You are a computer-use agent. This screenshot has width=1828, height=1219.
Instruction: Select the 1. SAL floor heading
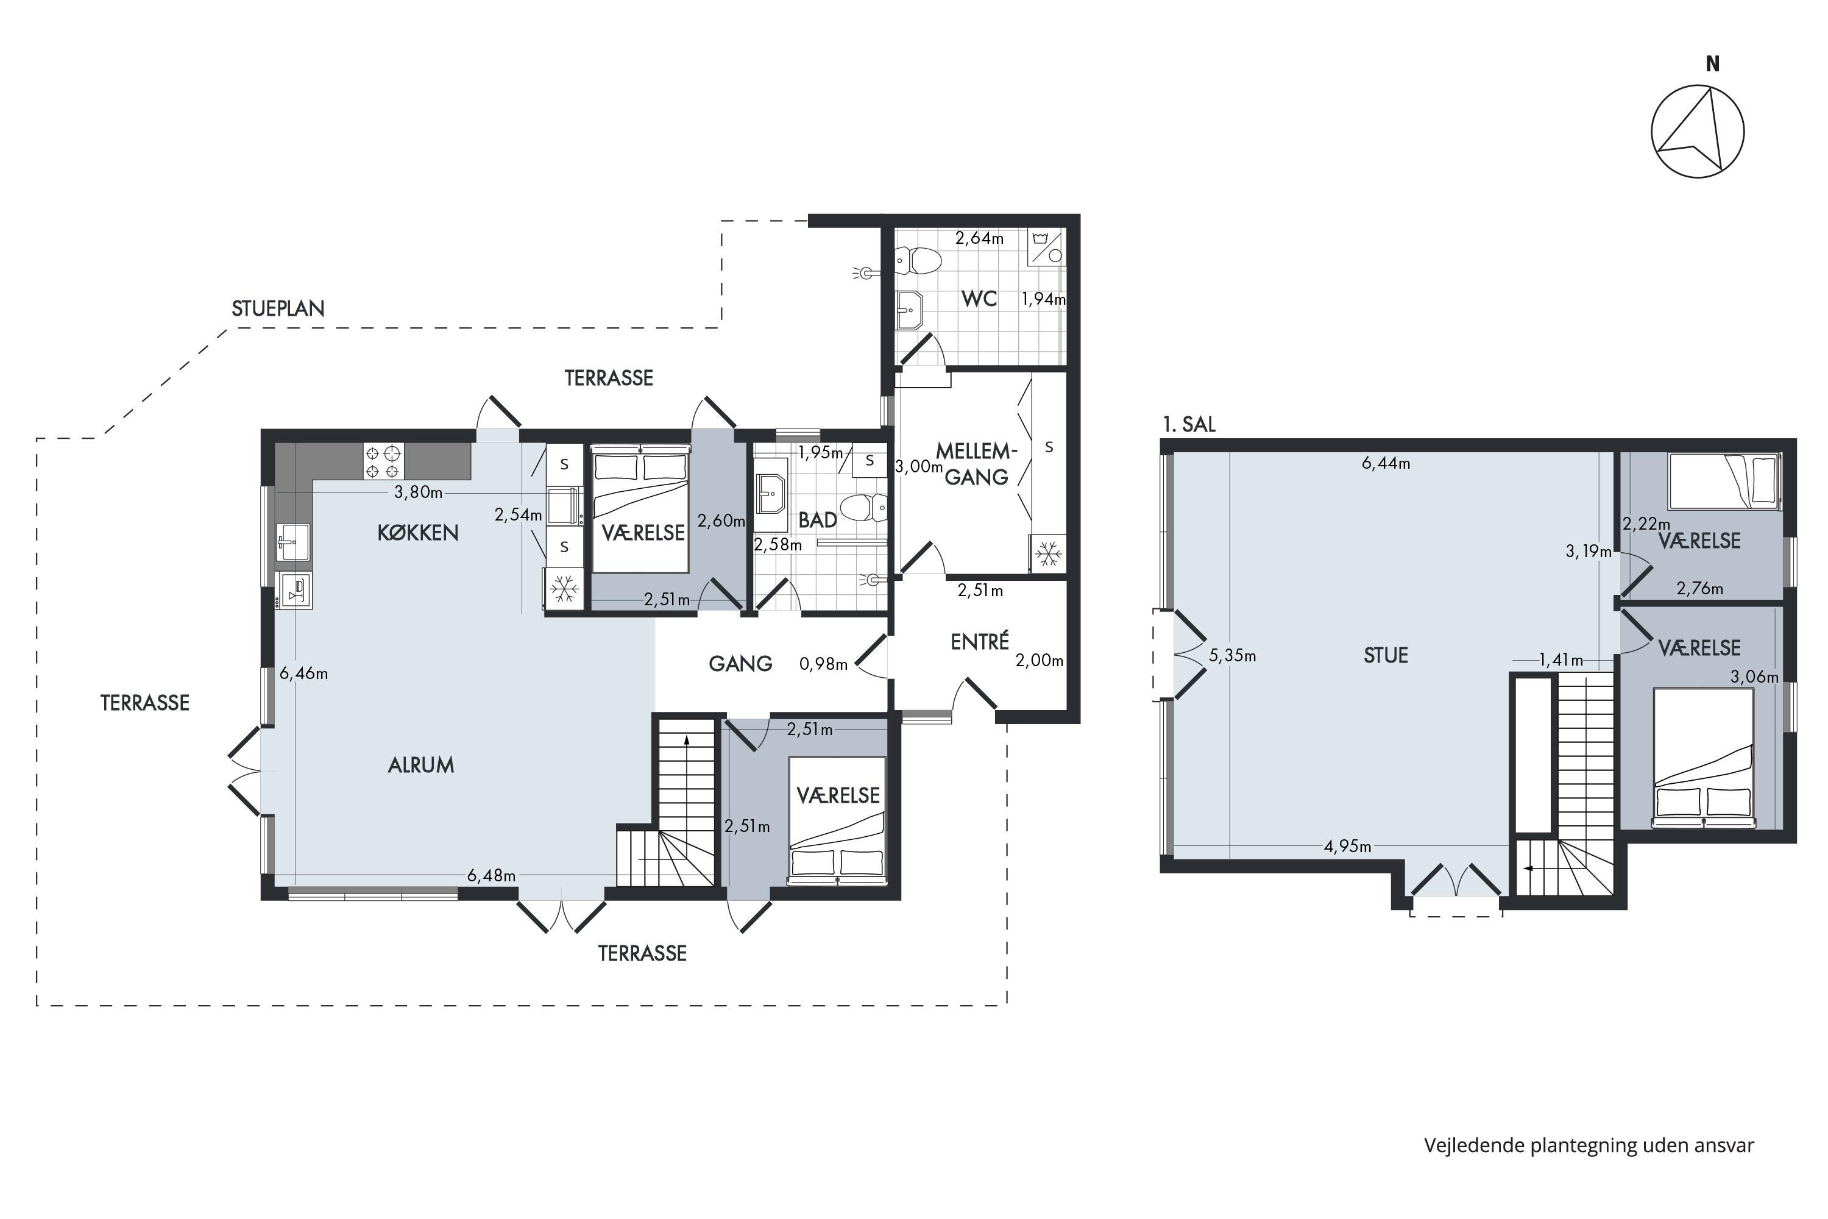click(1188, 424)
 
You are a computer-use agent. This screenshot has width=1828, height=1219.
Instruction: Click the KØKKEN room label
click(417, 533)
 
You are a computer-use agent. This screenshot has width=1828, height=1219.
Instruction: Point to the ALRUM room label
click(420, 765)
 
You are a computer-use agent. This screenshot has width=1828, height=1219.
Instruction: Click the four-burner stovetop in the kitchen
click(383, 461)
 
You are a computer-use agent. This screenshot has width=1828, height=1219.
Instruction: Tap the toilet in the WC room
click(917, 260)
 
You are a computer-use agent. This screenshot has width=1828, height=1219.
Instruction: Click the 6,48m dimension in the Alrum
click(491, 875)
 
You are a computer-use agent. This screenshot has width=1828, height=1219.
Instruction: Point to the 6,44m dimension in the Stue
click(1386, 464)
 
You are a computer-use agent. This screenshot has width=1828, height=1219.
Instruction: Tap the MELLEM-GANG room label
click(976, 463)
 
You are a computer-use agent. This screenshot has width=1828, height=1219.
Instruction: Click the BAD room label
click(818, 520)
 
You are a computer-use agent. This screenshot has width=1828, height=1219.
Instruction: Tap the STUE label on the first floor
click(1386, 655)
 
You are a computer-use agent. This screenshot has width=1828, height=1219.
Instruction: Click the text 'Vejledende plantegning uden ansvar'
click(1589, 1145)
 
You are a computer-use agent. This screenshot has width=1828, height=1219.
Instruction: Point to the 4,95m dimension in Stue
click(1348, 846)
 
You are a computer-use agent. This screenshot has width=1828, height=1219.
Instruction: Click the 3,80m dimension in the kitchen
click(418, 492)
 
